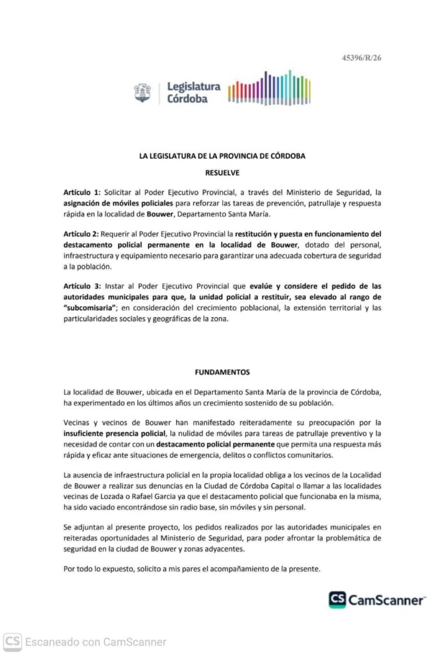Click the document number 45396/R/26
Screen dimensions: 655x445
pos(362,58)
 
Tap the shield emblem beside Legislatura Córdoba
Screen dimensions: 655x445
pos(142,93)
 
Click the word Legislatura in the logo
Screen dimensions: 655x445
pos(193,86)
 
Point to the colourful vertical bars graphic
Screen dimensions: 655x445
pos(269,89)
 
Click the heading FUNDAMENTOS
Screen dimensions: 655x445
pos(222,372)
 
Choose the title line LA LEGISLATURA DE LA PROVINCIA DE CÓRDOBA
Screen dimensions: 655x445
pos(222,155)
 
